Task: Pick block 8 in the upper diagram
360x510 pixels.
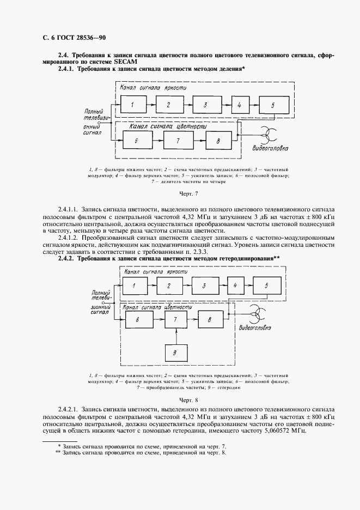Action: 218,141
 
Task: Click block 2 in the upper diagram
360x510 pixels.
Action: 169,104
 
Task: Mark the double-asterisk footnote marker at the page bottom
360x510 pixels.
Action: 58,453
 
